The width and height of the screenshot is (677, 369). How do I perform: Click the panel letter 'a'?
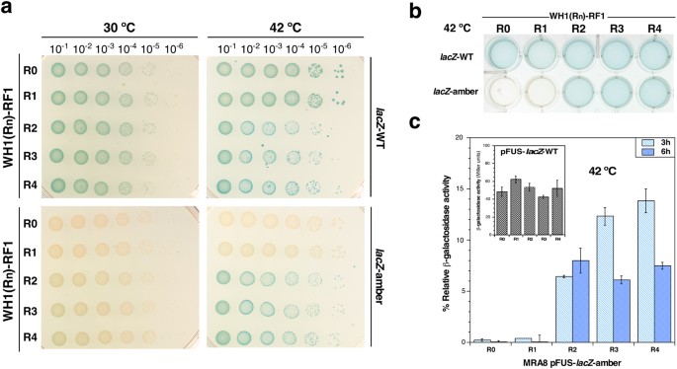pyautogui.click(x=9, y=9)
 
